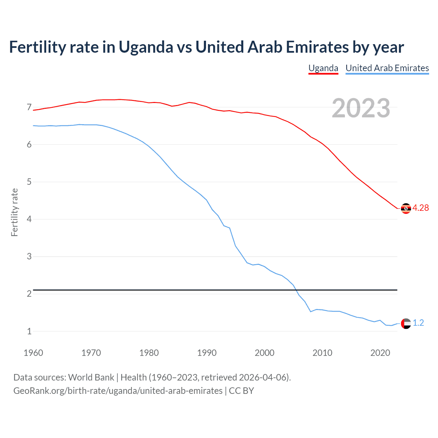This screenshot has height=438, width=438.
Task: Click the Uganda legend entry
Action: coord(323,68)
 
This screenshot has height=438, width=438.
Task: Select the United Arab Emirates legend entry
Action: coord(387,68)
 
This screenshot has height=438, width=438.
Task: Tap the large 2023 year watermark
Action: coord(361,108)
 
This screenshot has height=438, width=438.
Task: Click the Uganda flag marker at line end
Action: coord(406,208)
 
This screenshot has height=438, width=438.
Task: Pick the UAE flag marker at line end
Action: coord(406,323)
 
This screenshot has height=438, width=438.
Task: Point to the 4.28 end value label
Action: coord(421,208)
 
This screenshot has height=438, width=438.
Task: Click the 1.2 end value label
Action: coord(418,323)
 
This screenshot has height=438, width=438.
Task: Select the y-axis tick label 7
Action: coord(29,107)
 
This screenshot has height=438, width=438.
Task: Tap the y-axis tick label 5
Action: coord(29,182)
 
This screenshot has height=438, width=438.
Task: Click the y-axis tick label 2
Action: coord(29,294)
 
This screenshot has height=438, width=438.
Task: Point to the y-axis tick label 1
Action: coord(29,331)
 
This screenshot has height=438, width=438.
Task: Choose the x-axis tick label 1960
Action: coord(33,353)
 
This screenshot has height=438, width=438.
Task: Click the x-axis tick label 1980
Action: coord(149,353)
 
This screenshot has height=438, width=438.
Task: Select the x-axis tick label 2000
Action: coord(265,353)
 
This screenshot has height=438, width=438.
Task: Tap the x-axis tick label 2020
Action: coord(380,353)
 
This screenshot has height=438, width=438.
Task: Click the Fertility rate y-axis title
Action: coord(14,212)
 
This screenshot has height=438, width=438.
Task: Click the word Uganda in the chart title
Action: coord(146,47)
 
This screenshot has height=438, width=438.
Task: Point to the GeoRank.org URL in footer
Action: coord(118,391)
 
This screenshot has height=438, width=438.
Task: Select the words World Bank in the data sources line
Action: coord(91,377)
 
